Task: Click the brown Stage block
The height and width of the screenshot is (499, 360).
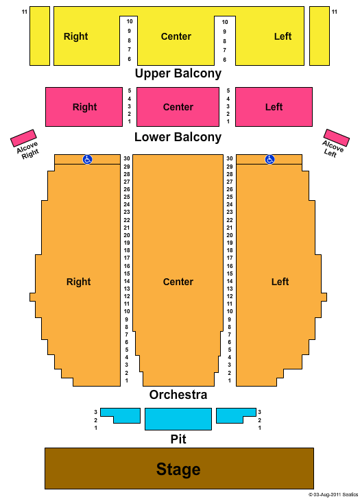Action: (179, 468)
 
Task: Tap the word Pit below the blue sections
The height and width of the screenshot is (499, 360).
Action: (178, 439)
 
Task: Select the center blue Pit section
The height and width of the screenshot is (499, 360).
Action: (178, 419)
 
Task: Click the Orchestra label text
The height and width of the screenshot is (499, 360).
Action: (178, 395)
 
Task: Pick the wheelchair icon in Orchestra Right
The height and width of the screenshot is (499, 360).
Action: (87, 159)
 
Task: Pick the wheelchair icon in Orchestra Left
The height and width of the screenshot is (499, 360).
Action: (269, 159)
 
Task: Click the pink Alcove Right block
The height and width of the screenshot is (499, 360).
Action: (23, 138)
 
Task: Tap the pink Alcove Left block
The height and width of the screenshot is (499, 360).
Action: (337, 138)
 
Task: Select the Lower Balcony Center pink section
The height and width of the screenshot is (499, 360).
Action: (178, 107)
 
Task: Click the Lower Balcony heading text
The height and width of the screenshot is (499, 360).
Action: (178, 137)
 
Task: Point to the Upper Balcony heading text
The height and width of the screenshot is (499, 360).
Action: (178, 73)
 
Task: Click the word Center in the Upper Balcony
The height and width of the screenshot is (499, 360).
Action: (176, 36)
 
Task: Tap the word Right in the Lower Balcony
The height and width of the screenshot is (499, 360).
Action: (84, 107)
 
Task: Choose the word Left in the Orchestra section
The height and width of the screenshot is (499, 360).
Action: (280, 282)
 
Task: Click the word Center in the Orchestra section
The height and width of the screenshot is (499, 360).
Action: (178, 282)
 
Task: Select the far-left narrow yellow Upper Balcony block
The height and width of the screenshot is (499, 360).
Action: (40, 36)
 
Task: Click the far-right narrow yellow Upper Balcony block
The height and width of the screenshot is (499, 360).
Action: (320, 36)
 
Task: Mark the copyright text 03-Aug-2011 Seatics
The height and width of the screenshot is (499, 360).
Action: (333, 495)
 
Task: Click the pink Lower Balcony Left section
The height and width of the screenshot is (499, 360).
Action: (274, 107)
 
